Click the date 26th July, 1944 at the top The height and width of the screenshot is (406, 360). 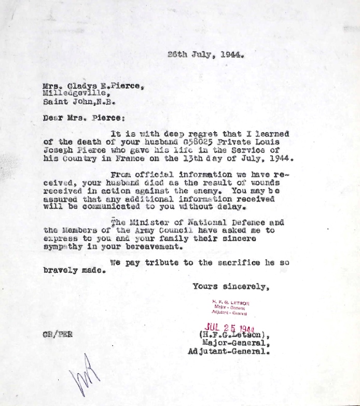tap(205, 54)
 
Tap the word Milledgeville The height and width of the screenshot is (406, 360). tap(76, 93)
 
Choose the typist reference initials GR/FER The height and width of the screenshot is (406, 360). tap(58, 334)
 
